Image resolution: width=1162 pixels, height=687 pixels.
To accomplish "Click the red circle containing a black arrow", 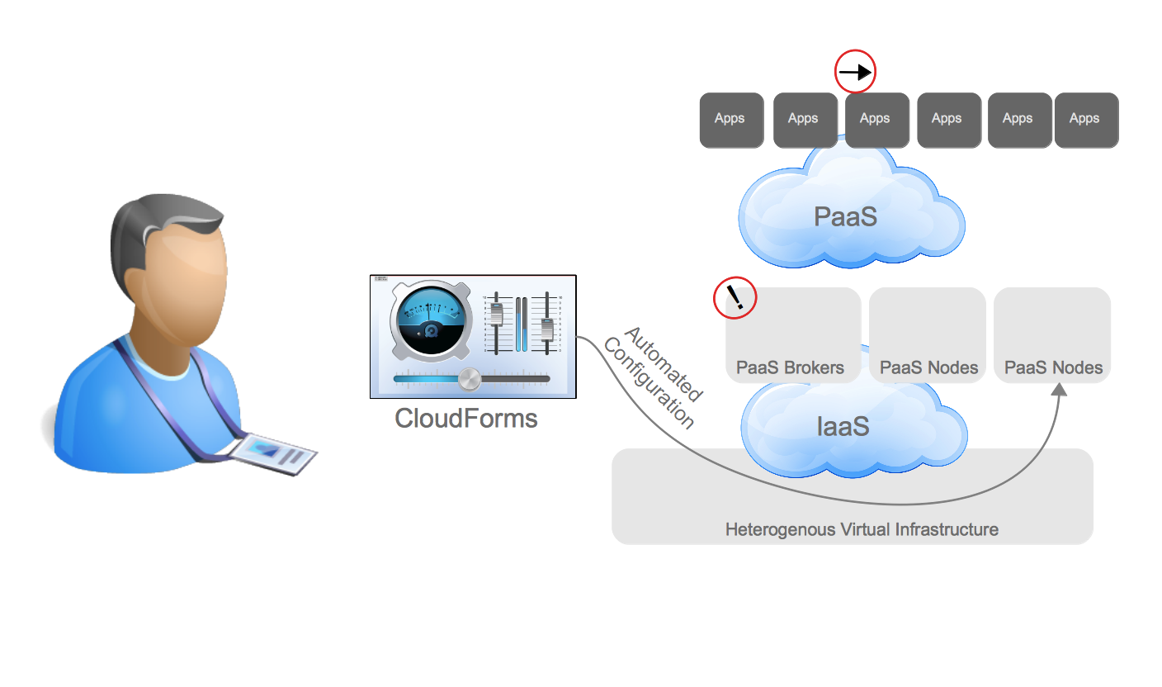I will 855,73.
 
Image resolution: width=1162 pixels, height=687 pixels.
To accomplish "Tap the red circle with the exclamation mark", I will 735,297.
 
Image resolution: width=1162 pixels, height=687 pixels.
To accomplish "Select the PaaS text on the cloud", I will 844,216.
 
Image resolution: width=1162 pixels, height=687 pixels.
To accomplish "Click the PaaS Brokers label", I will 790,367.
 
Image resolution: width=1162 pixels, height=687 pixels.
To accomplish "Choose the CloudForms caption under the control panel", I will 466,419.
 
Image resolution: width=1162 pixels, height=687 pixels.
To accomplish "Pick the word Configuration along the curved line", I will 649,384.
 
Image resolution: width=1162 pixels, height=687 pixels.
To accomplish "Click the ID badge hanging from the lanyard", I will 273,454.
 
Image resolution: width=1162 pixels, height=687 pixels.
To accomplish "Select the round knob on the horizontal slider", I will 469,379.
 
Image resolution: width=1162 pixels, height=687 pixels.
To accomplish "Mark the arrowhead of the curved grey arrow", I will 1060,388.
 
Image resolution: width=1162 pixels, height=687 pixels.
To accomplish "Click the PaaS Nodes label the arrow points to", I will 1053,367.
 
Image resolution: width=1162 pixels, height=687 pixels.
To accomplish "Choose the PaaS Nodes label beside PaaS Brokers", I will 928,367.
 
